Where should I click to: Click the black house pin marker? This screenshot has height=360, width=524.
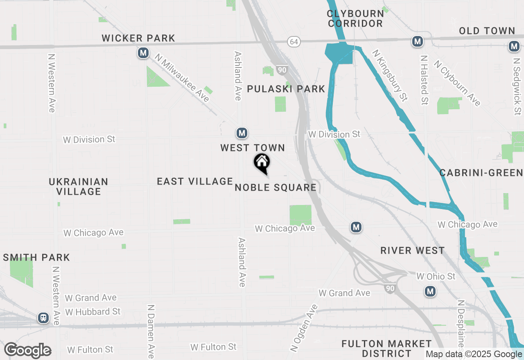click(262, 163)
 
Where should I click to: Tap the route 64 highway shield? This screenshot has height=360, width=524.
click(293, 42)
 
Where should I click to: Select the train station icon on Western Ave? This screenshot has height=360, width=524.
click(43, 318)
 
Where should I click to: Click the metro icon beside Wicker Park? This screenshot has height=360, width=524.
click(143, 53)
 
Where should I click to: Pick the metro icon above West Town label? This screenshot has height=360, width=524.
click(242, 133)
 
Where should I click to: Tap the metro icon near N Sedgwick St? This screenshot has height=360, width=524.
click(514, 47)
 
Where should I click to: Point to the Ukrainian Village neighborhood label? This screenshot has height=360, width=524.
click(79, 187)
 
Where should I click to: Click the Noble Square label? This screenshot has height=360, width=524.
click(276, 188)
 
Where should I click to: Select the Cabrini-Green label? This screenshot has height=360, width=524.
click(481, 173)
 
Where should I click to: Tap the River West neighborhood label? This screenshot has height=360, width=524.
click(412, 251)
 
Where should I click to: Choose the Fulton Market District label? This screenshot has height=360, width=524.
click(386, 348)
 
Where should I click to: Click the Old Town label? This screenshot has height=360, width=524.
click(487, 31)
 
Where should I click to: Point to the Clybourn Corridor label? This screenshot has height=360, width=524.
click(355, 18)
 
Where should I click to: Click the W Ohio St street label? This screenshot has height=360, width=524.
click(436, 277)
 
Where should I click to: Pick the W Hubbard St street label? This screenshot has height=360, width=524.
click(93, 312)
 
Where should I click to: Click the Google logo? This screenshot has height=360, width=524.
click(27, 351)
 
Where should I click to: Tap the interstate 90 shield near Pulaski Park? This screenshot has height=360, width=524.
click(281, 70)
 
